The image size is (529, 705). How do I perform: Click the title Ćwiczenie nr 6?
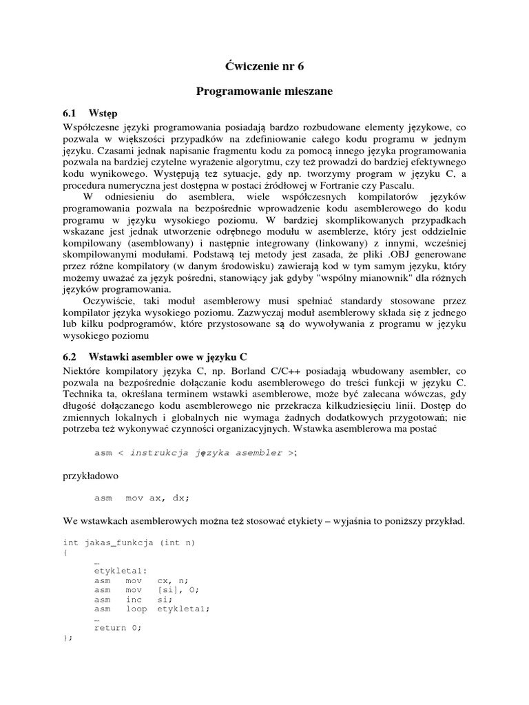click(264, 66)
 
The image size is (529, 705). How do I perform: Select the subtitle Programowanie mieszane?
click(264, 92)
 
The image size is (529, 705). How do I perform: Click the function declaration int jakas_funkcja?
click(129, 543)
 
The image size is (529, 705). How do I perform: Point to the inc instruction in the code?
click(134, 599)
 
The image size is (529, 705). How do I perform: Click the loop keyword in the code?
click(136, 609)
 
